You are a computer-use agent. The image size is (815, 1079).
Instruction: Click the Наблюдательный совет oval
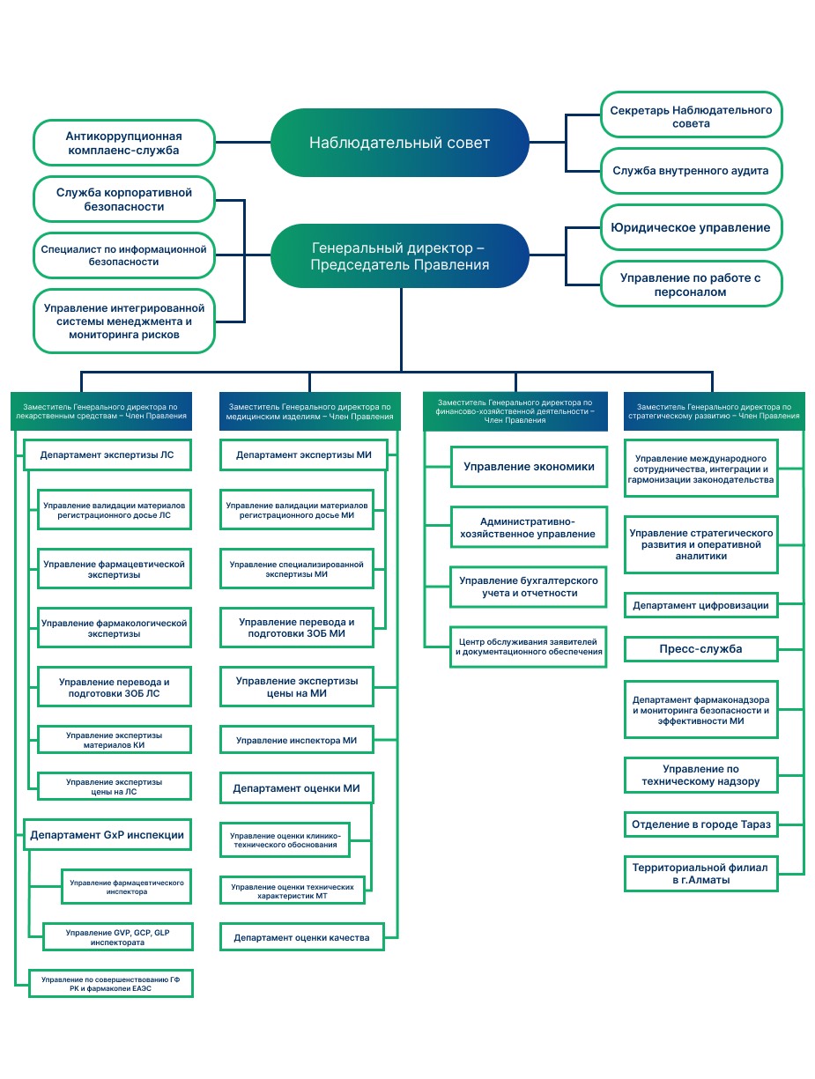pyautogui.click(x=399, y=143)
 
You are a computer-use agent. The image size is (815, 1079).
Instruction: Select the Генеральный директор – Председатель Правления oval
pyautogui.click(x=399, y=256)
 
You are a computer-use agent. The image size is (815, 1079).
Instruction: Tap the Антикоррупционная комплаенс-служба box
pyautogui.click(x=124, y=143)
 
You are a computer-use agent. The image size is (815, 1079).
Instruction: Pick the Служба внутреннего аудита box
pyautogui.click(x=691, y=171)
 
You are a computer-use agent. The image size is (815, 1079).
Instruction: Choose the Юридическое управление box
pyautogui.click(x=691, y=227)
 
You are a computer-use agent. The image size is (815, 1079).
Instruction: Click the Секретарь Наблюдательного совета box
pyautogui.click(x=691, y=115)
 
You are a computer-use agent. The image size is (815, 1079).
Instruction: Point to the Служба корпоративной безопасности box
pyautogui.click(x=124, y=199)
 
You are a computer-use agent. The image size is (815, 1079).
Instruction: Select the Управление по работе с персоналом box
pyautogui.click(x=691, y=285)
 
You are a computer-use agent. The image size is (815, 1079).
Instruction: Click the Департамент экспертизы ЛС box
pyautogui.click(x=107, y=455)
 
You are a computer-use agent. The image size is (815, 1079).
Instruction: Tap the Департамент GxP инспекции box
pyautogui.click(x=107, y=835)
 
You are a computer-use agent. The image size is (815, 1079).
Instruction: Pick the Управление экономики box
pyautogui.click(x=529, y=467)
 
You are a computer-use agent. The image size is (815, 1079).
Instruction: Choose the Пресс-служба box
pyautogui.click(x=701, y=649)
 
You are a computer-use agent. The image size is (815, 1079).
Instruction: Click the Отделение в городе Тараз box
pyautogui.click(x=701, y=824)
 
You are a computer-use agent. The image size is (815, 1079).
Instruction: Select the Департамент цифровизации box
pyautogui.click(x=701, y=605)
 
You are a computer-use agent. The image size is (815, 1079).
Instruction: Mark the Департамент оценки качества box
pyautogui.click(x=302, y=937)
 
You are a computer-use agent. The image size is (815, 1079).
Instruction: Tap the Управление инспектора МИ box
pyautogui.click(x=296, y=740)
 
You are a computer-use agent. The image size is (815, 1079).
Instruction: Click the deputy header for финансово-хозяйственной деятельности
pyautogui.click(x=515, y=411)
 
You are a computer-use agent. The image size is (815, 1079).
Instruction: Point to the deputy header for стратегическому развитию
pyautogui.click(x=714, y=411)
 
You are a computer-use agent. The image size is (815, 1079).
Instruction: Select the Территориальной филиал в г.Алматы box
pyautogui.click(x=701, y=874)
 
